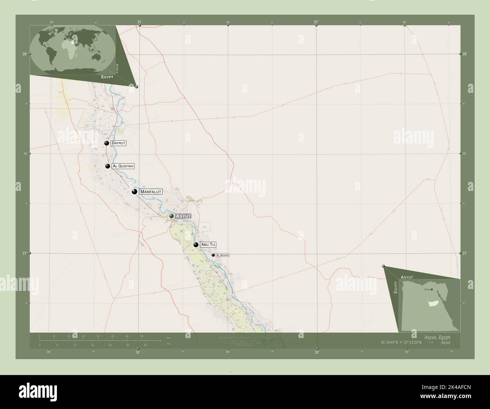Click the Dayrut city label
[x=118, y=143]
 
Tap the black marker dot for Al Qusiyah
[x=108, y=166]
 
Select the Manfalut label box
[x=151, y=192]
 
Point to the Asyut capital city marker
[x=171, y=216]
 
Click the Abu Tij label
[x=208, y=244]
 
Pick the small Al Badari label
[x=222, y=255]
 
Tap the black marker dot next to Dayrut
[x=107, y=143]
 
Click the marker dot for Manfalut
[x=134, y=192]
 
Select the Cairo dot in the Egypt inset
[x=432, y=290]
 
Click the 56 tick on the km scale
[x=142, y=336]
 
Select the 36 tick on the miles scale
[x=145, y=345]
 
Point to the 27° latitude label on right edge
[x=465, y=253]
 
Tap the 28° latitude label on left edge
[x=24, y=54]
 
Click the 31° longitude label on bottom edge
[x=138, y=352]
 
